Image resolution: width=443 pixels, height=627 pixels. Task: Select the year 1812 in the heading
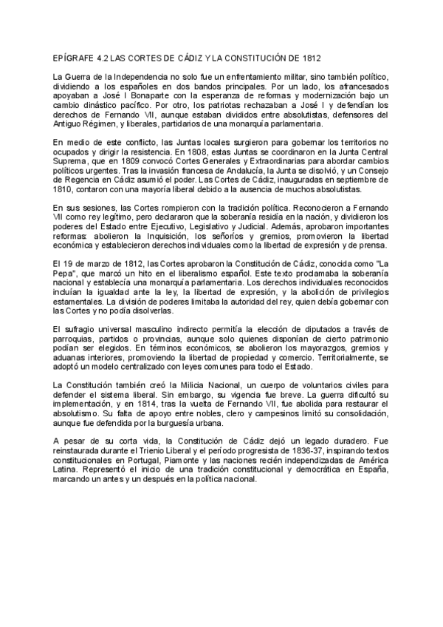307,58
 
